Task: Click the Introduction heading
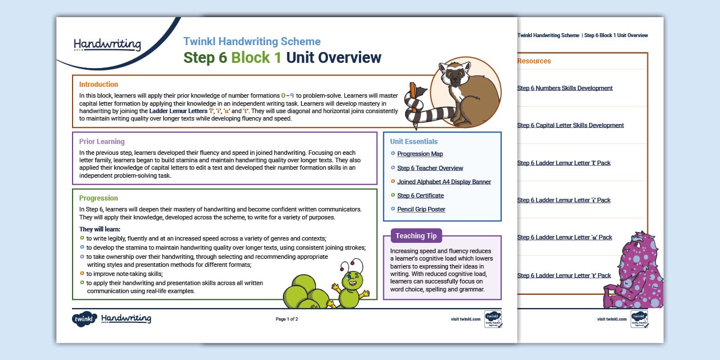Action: [99, 85]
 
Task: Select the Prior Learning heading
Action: [102, 142]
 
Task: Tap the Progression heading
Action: [98, 198]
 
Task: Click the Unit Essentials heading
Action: [414, 142]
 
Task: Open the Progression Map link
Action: [420, 154]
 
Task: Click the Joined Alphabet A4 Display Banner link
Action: [444, 182]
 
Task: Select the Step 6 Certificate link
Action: [420, 195]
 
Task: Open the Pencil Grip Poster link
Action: [421, 209]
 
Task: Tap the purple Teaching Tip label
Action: [416, 236]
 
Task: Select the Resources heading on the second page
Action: [534, 61]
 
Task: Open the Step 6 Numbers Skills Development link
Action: [565, 88]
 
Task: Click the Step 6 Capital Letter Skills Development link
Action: [570, 125]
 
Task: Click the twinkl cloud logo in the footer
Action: [84, 319]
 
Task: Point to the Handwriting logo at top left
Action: [107, 44]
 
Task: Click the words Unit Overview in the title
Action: [333, 58]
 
